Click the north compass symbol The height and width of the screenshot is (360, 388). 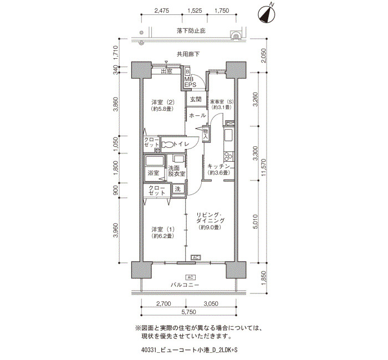(x=267, y=14)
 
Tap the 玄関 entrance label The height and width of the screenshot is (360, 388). (x=196, y=99)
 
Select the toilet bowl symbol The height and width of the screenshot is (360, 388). (x=167, y=145)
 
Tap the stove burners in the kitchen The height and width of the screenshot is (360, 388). (x=228, y=156)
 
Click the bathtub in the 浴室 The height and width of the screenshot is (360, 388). (x=154, y=161)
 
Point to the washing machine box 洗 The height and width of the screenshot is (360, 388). (x=178, y=189)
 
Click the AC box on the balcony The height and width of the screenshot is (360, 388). (x=190, y=277)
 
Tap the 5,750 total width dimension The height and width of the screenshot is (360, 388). (x=189, y=312)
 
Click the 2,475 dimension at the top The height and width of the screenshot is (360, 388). (x=162, y=11)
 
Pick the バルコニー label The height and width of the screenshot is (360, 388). (x=185, y=285)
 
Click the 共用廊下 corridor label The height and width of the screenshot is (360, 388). (x=188, y=54)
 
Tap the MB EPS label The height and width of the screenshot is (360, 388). (x=190, y=82)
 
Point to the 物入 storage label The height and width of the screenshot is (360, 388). (x=206, y=133)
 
